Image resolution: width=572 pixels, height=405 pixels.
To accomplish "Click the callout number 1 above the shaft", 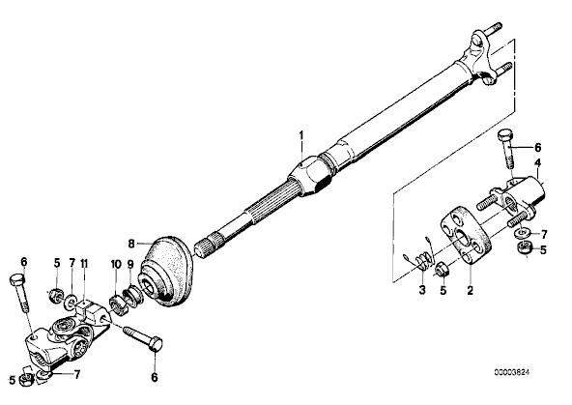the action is [300, 135].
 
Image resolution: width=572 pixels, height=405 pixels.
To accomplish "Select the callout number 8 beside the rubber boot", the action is [131, 244].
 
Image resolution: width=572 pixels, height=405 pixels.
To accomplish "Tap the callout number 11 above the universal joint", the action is [84, 263].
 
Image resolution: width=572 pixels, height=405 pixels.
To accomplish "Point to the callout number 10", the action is [116, 264].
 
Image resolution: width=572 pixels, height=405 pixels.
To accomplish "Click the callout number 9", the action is [130, 264].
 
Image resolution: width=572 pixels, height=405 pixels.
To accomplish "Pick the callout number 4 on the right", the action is [537, 162].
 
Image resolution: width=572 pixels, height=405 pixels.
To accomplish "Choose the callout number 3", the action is [422, 290].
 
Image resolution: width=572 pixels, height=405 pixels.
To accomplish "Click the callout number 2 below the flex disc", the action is [470, 290].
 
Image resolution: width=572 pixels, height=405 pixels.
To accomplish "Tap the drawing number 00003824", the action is [511, 372].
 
